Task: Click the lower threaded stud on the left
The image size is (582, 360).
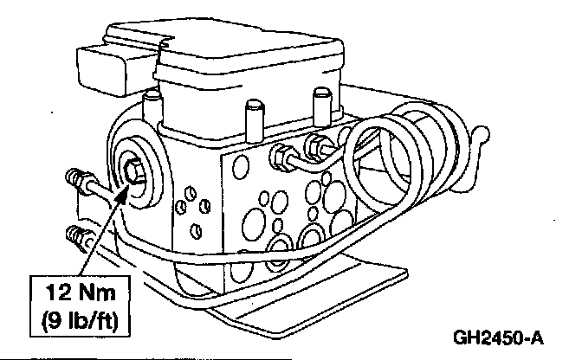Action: (76, 233)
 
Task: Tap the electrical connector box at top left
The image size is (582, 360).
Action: (108, 61)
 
